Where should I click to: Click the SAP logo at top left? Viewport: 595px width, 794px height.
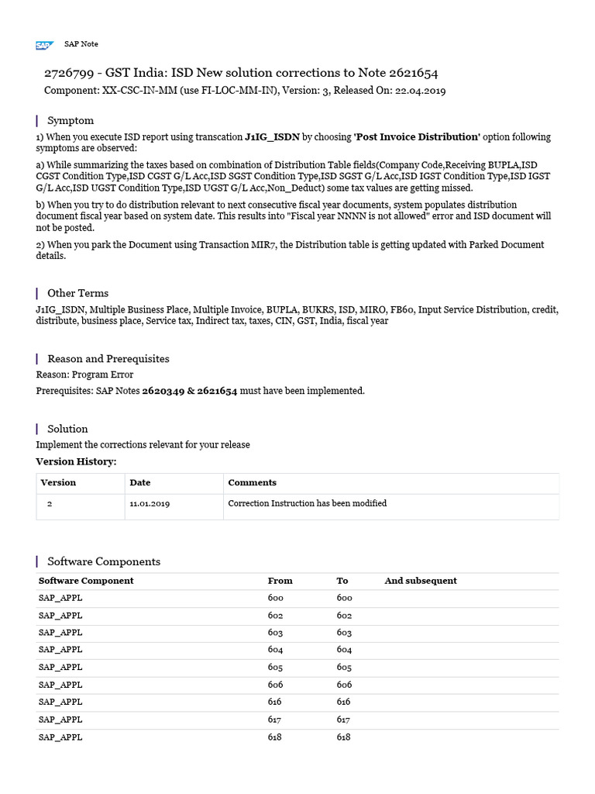[x=44, y=45]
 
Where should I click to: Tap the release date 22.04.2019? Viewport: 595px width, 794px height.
[x=420, y=91]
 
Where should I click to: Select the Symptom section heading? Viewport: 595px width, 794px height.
[x=71, y=120]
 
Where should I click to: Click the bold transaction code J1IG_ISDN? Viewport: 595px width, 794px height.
[x=272, y=137]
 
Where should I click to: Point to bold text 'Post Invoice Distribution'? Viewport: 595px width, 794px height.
[x=417, y=137]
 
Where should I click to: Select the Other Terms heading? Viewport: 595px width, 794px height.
[x=77, y=293]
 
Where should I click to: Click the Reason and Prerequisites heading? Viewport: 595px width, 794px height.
[x=108, y=358]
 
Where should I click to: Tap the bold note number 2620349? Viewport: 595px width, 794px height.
[x=163, y=391]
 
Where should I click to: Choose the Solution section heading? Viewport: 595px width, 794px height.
[x=67, y=429]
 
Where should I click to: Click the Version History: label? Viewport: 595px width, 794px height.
[x=76, y=462]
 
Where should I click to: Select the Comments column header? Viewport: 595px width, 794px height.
[x=252, y=482]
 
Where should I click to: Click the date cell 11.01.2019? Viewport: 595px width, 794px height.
[x=150, y=503]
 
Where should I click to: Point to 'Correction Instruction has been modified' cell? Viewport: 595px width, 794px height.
[x=307, y=503]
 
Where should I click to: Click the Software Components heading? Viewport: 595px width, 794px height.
[x=104, y=561]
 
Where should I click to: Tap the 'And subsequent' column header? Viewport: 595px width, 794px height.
[x=421, y=581]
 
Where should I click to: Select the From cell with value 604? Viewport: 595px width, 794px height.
[x=275, y=650]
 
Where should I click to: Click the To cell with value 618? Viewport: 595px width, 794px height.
[x=343, y=737]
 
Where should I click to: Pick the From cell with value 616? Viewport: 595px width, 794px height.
[x=275, y=702]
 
